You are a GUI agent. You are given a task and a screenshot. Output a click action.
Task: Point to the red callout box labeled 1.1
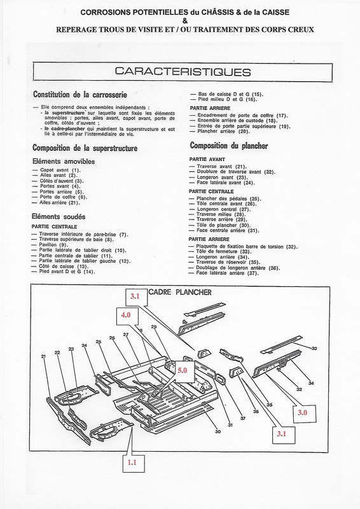click(x=131, y=463)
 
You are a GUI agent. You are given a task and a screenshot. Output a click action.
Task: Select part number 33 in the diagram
click(x=314, y=348)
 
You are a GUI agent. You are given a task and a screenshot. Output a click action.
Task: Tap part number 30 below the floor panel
click(x=218, y=433)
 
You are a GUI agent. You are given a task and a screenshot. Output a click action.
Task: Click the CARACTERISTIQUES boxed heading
click(x=179, y=71)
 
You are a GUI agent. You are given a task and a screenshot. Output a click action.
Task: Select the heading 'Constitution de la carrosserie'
click(x=78, y=94)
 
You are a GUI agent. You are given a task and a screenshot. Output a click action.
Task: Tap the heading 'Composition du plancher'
click(x=228, y=146)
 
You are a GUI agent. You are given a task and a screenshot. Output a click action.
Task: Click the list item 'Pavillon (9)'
click(x=56, y=245)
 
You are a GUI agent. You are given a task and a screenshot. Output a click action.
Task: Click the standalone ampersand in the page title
click(x=179, y=20)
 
